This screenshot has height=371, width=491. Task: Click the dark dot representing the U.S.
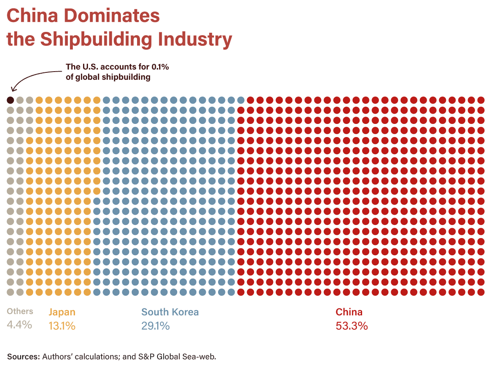(11, 100)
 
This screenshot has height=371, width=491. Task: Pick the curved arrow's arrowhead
(13, 90)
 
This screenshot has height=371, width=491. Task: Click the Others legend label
(20, 312)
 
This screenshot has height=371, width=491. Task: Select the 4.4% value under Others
(19, 325)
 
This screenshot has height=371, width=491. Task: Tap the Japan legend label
(62, 312)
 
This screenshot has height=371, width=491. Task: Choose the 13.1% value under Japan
(62, 326)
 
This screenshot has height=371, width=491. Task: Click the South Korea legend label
(170, 312)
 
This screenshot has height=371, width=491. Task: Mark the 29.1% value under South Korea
(155, 326)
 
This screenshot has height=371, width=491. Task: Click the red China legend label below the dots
(349, 312)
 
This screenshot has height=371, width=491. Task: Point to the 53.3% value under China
(351, 326)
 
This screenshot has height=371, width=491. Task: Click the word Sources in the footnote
(23, 356)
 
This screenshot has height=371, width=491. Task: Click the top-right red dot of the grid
(481, 100)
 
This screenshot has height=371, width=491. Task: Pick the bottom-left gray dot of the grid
(11, 292)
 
